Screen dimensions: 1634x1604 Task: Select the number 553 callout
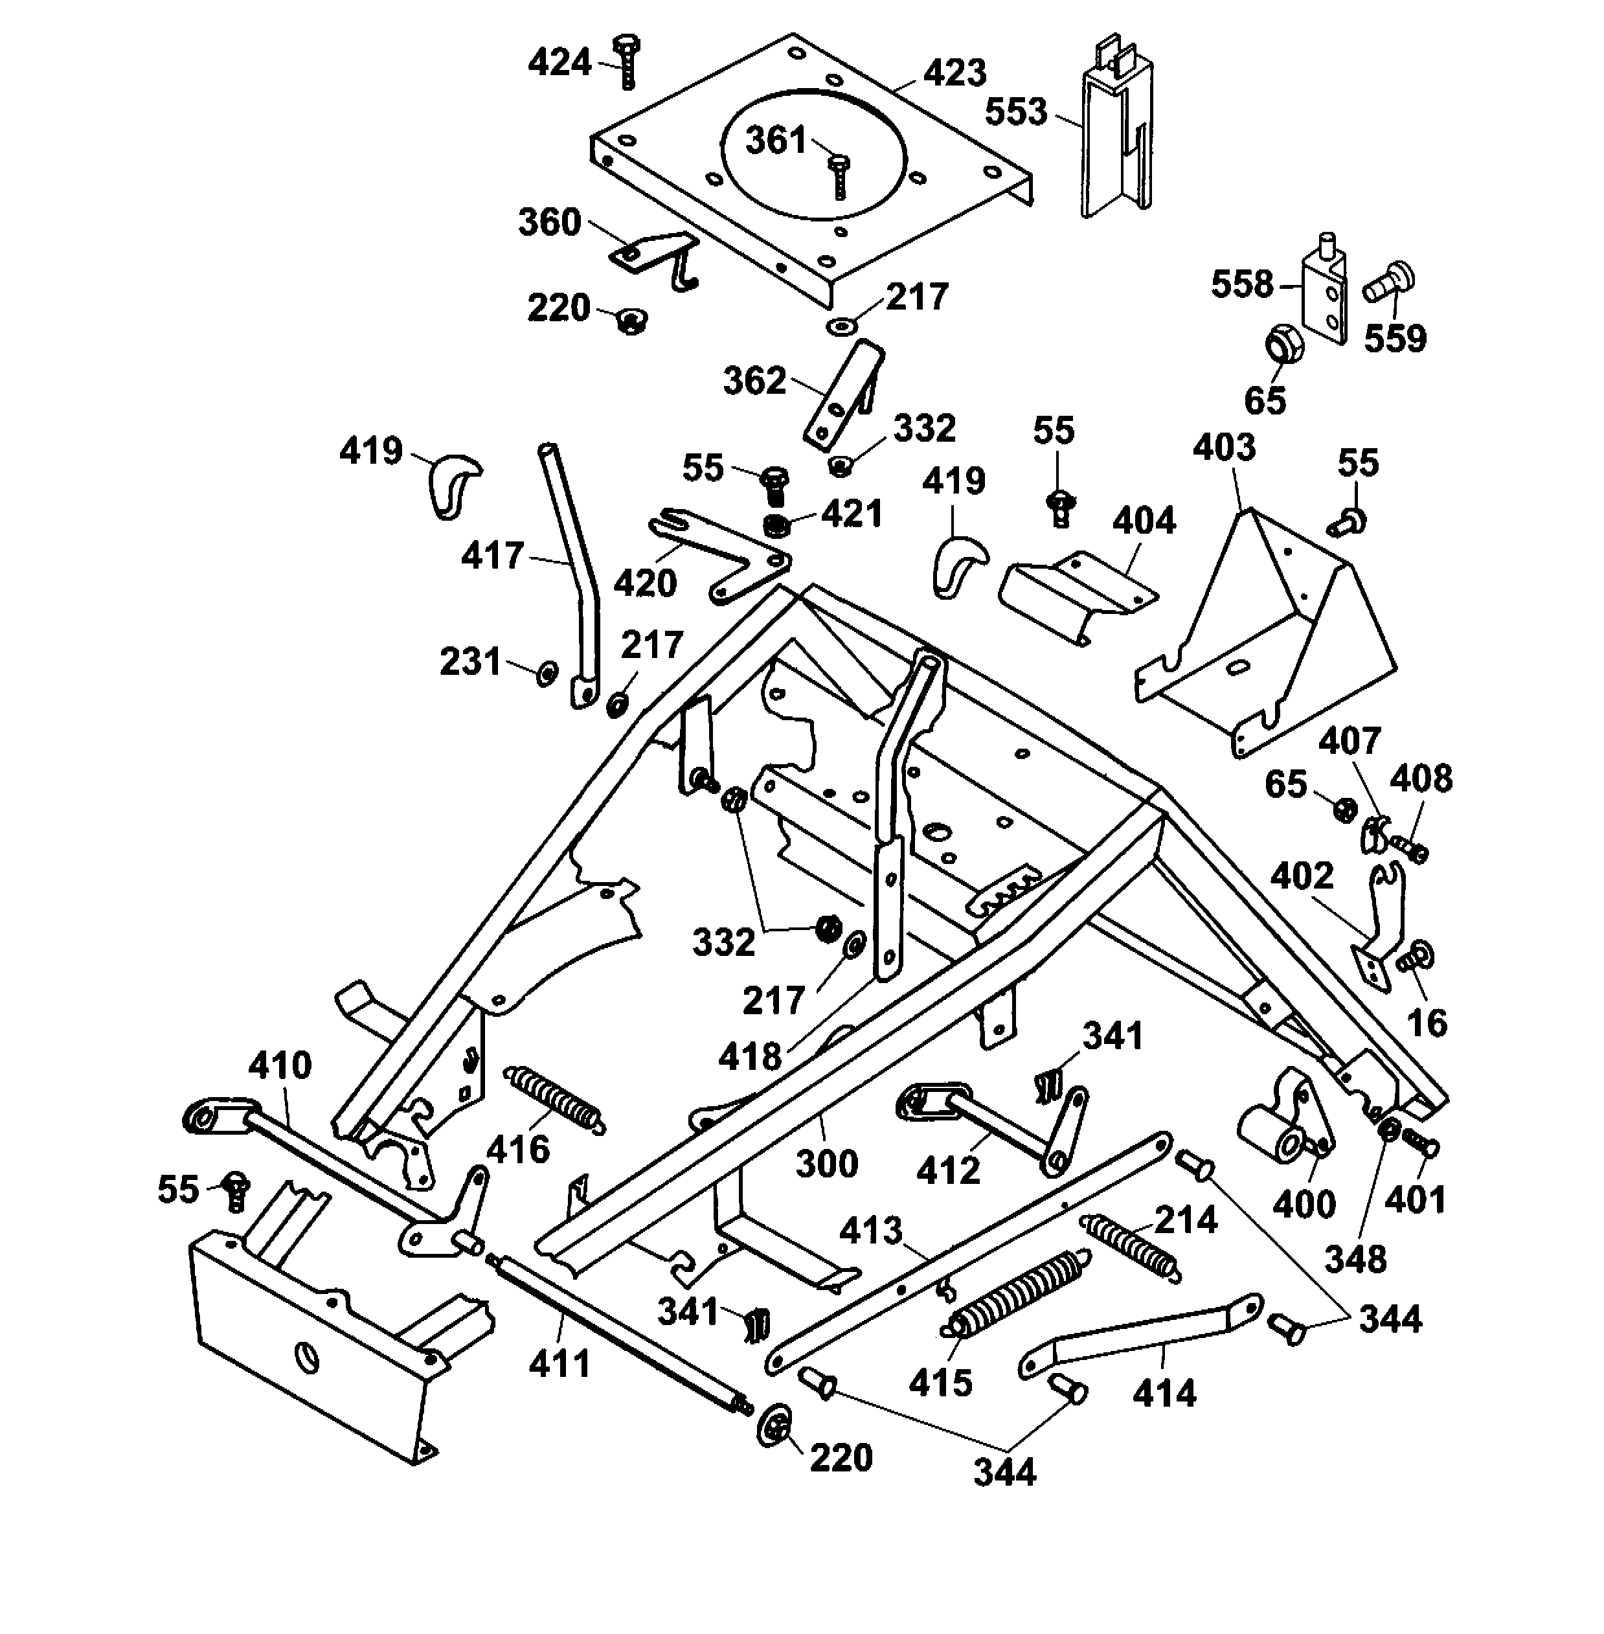1015,112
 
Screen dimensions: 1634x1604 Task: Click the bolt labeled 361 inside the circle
838,176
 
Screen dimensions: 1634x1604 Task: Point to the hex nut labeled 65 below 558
1285,345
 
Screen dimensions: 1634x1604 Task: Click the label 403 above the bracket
1223,448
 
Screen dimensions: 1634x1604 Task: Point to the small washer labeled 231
547,674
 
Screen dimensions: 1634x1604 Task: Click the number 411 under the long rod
559,1363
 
